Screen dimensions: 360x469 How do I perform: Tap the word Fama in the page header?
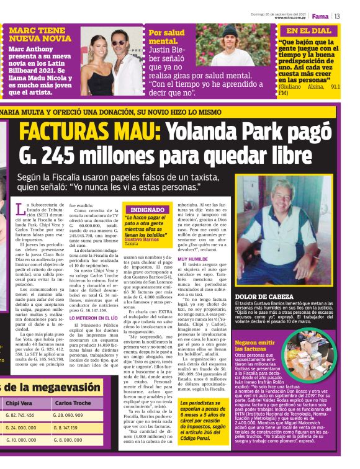click(x=320, y=16)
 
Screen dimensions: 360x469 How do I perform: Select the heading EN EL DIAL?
click(x=308, y=30)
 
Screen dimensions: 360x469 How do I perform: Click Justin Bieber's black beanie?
click(x=230, y=30)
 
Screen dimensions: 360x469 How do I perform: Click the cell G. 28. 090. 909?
click(x=74, y=414)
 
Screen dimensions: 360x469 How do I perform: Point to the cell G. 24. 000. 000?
click(x=24, y=427)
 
